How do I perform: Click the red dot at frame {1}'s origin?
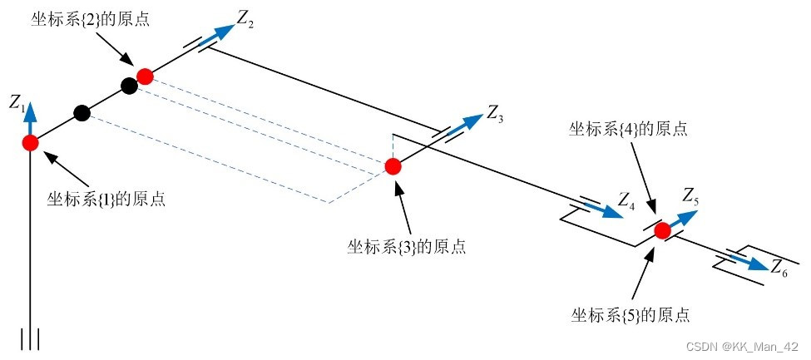(x=31, y=142)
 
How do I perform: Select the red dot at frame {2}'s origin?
(x=145, y=76)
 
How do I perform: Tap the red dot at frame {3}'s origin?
(x=393, y=166)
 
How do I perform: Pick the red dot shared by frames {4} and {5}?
(x=662, y=230)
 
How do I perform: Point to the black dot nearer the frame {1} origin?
(x=82, y=113)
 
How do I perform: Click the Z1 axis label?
(x=16, y=103)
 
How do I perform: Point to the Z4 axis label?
(x=626, y=200)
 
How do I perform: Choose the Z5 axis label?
(x=690, y=196)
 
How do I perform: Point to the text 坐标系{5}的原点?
(x=631, y=315)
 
